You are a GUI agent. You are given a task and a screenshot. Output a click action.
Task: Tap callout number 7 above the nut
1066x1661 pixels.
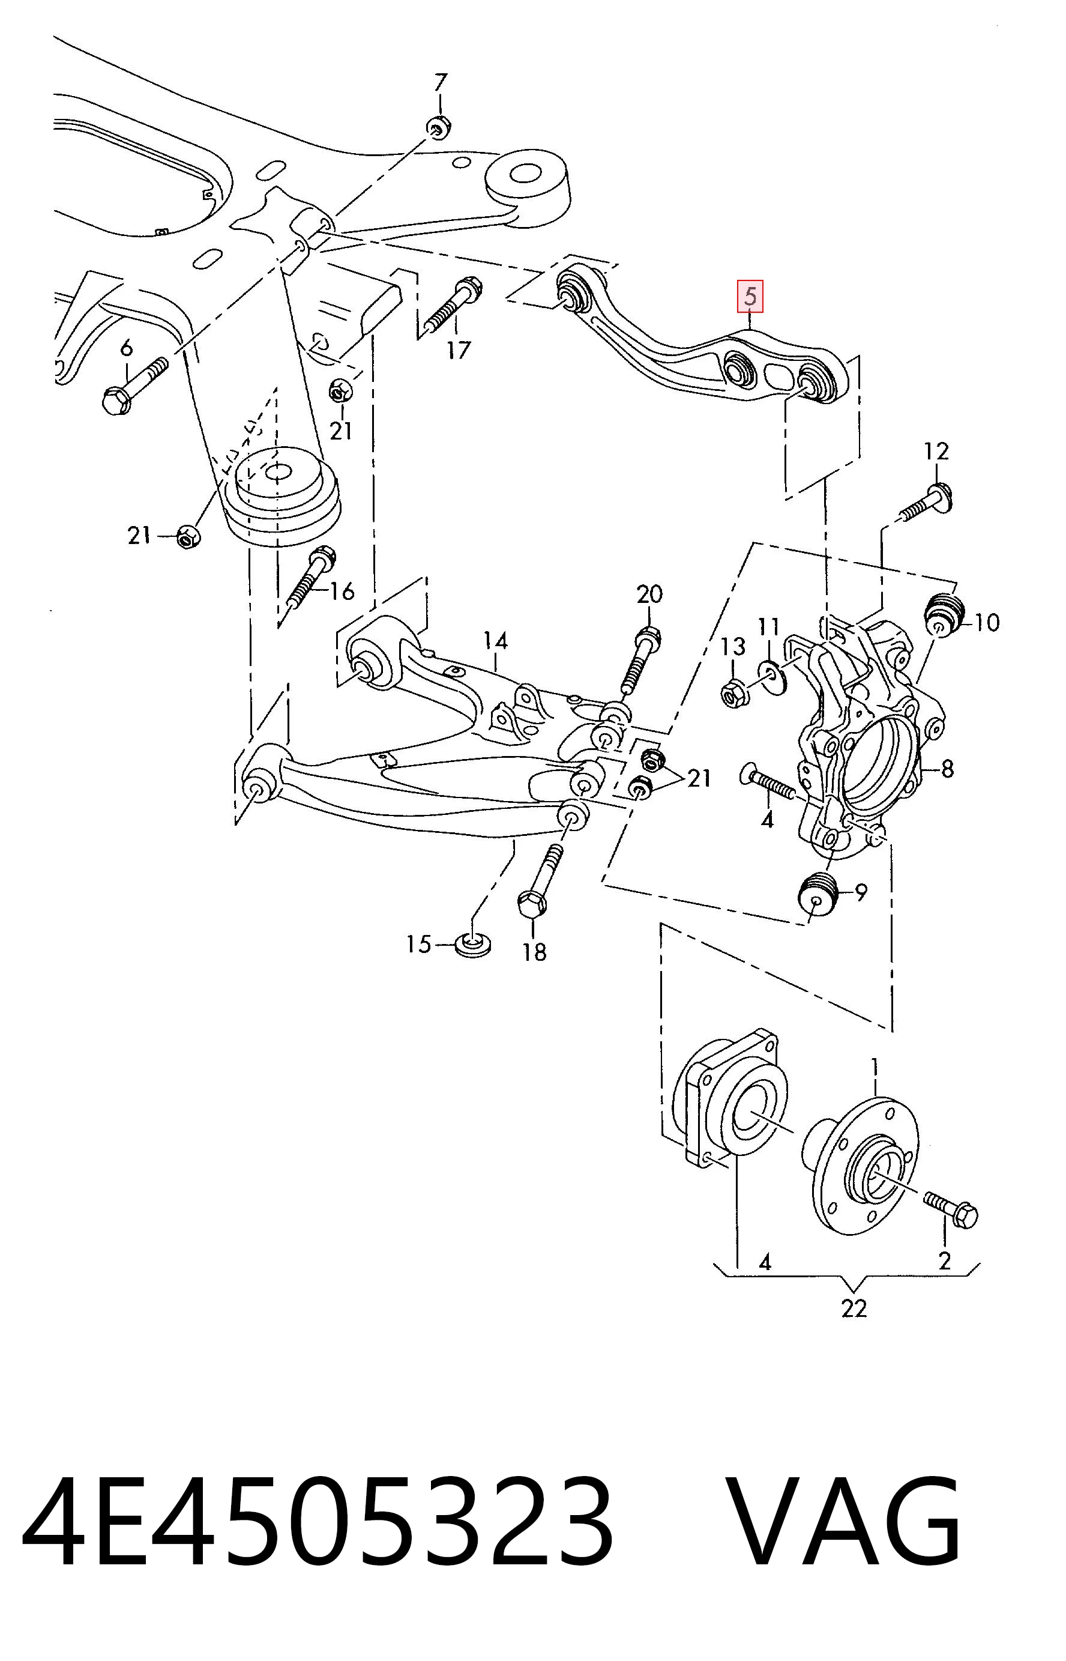[x=441, y=83]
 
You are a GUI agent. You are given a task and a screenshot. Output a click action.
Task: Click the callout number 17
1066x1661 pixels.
[x=457, y=349]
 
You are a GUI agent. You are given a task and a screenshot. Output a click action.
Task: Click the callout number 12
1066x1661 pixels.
[x=936, y=452]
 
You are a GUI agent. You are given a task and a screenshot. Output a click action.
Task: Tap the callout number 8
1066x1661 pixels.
[x=947, y=769]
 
